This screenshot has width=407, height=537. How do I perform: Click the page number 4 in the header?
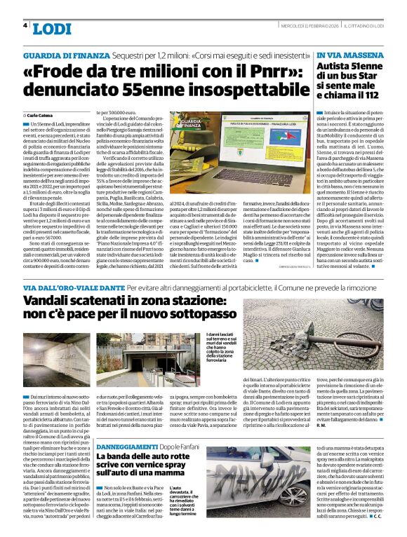point(25,25)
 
